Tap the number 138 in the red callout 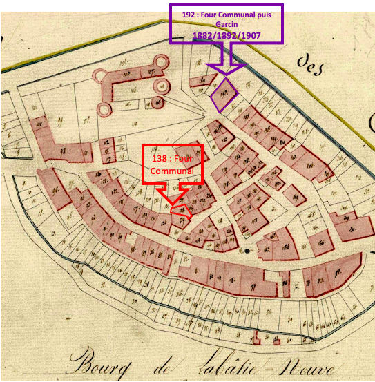[160, 157]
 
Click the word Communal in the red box [173, 170]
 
